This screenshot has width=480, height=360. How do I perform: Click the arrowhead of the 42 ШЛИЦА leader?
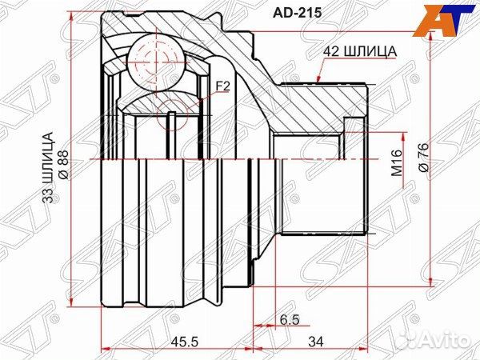click(319, 81)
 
